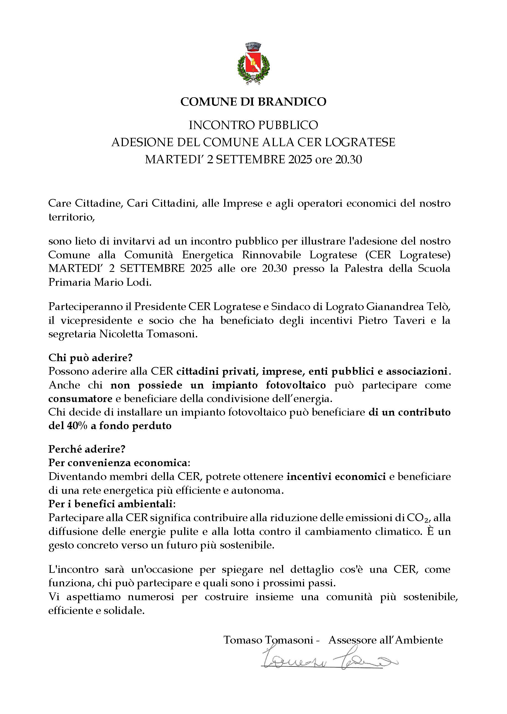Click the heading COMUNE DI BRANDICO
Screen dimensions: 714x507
coord(253,101)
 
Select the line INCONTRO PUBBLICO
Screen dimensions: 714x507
coord(253,125)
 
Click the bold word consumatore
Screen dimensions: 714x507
coord(80,398)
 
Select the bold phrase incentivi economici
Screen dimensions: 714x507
coord(336,477)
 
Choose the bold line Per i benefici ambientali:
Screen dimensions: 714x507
coord(112,504)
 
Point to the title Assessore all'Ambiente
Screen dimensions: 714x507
coord(385,640)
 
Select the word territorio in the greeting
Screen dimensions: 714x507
coord(71,217)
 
